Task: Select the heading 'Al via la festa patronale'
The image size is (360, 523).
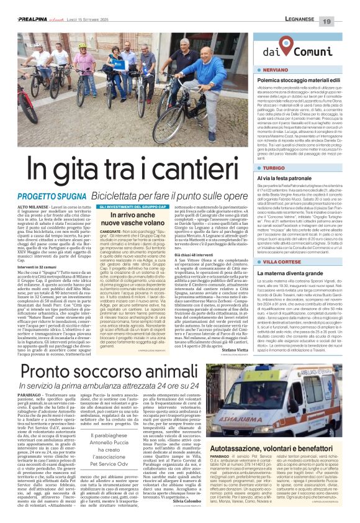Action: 284,178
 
